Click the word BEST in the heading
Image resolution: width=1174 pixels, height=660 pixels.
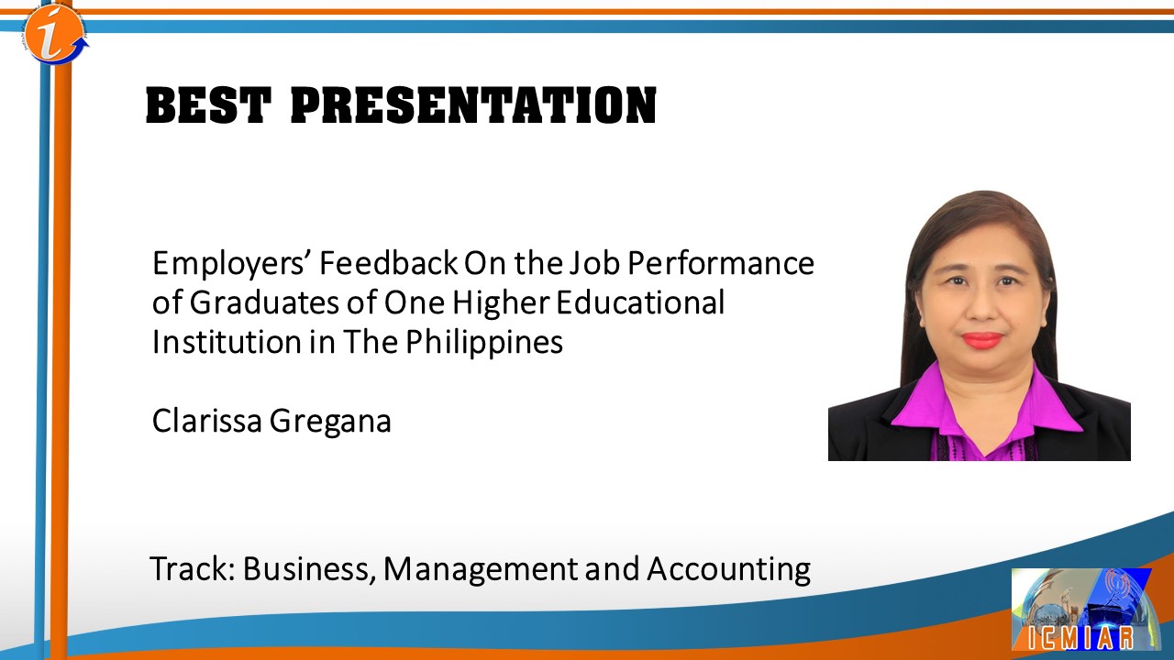[x=208, y=105]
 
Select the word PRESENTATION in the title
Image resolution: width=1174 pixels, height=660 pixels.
[x=473, y=105]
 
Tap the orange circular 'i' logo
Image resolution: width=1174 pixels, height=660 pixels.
[x=55, y=34]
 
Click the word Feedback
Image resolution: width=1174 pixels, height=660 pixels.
[x=388, y=263]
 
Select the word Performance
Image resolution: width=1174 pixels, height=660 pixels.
[x=721, y=263]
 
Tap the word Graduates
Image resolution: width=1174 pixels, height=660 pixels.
[x=264, y=302]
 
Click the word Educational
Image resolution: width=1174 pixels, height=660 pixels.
[x=640, y=302]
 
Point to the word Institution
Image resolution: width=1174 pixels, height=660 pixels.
[x=227, y=342]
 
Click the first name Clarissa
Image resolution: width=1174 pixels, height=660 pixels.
[x=207, y=421]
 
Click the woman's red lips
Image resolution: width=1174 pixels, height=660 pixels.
[x=982, y=340]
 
